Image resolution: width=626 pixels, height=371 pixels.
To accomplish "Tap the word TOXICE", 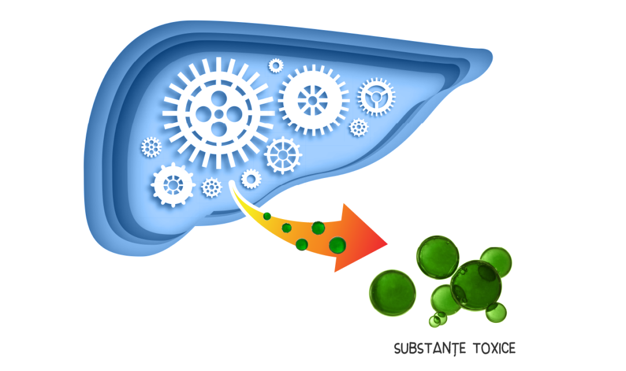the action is (494, 348).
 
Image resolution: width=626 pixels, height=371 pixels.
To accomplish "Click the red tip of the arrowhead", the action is (387, 242).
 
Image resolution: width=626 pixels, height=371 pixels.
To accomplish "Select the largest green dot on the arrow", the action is (337, 245).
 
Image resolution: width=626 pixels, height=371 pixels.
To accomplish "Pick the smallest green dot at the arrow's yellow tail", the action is (267, 216).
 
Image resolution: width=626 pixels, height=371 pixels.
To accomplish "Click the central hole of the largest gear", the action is (219, 114).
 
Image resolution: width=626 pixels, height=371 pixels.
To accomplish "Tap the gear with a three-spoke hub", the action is (377, 97).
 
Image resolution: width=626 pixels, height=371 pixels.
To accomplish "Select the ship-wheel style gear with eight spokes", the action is (283, 155).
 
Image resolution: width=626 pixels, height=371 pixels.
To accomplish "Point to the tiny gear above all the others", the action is (275, 66).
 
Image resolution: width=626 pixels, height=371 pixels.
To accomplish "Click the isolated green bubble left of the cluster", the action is (392, 293).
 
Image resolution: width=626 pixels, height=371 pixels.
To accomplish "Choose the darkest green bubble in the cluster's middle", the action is (476, 285).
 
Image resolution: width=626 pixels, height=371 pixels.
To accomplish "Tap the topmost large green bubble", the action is (438, 257).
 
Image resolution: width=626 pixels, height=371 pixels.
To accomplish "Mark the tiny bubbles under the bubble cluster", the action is (438, 319).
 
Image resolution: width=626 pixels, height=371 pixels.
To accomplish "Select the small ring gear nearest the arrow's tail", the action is (251, 179).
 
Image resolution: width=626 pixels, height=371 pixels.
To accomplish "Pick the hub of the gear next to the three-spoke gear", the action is (312, 100).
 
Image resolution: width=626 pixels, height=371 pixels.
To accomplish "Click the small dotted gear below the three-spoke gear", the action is (359, 128).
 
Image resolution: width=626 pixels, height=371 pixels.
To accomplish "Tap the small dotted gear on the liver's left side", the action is (151, 147).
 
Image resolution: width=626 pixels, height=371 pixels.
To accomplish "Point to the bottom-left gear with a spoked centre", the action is (173, 185).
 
